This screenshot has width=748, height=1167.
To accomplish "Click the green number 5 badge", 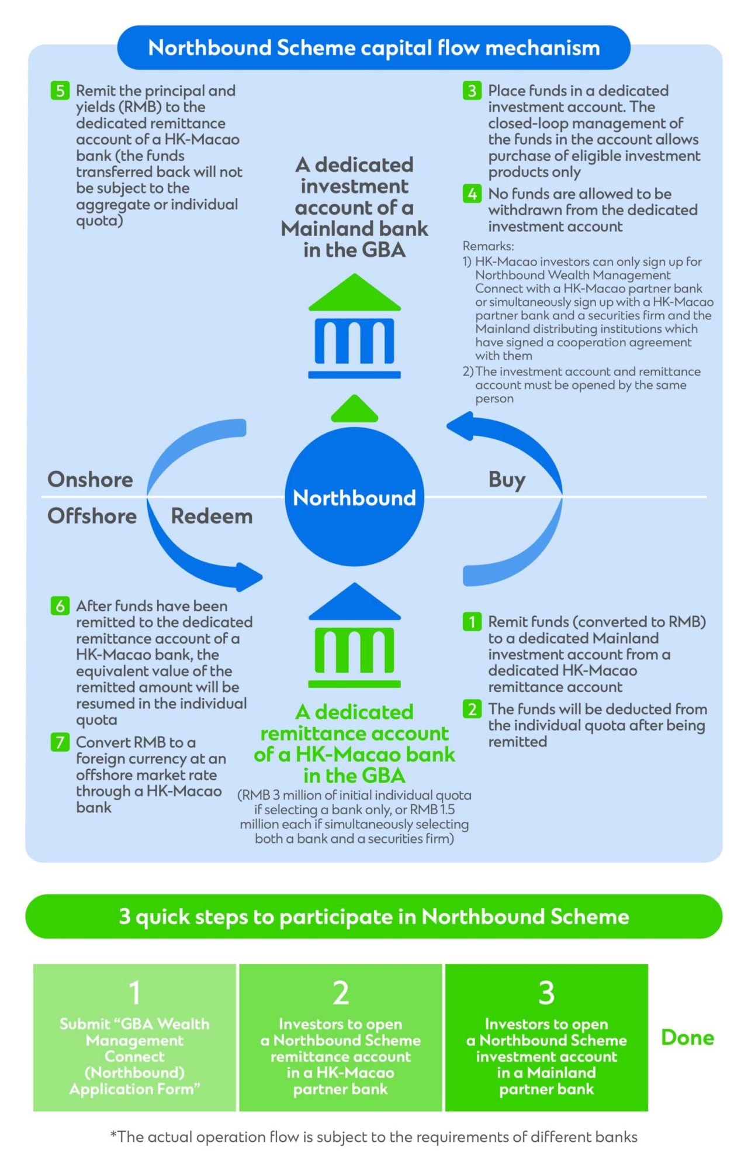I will pos(60,91).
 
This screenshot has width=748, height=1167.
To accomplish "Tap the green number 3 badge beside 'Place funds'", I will pos(472,91).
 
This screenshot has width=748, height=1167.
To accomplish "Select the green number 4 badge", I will pos(472,194).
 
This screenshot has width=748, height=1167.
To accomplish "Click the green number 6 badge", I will pos(60,606).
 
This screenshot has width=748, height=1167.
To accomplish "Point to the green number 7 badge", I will pos(60,742).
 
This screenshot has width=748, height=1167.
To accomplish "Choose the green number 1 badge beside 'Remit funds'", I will pos(472,622).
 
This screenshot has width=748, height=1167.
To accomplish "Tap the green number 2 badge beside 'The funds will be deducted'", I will pos(472,710).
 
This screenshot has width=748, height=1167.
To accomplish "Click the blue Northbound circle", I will pos(354,497).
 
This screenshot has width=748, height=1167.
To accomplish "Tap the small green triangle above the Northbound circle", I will pos(354,409).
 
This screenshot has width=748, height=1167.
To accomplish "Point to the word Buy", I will pos(507,480).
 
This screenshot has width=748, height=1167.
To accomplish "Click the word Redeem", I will pos(212,517).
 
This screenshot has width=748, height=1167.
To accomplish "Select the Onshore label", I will pos(90,480).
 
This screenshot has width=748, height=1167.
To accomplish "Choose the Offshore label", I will pos(92,517).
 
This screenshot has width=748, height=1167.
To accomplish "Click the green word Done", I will pos(687,1038).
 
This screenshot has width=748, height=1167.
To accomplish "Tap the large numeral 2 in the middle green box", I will pos(341,993).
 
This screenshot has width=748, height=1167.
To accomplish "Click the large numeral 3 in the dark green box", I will pos(546,993).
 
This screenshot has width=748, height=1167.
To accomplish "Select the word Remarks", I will pos(488,246).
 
